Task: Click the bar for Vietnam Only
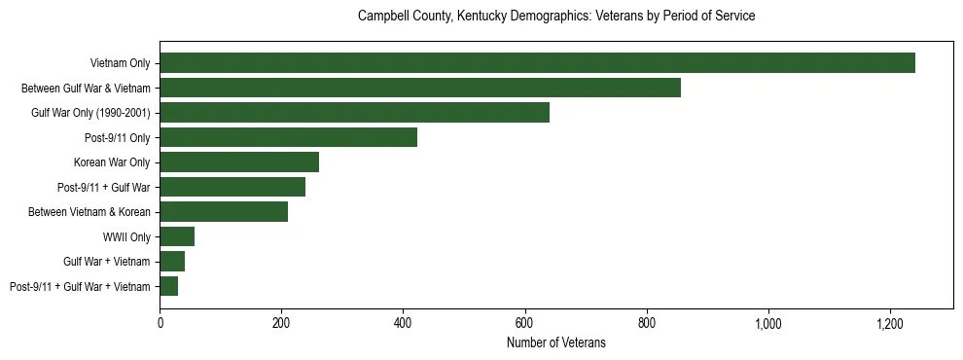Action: (x=537, y=63)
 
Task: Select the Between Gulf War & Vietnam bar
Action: (x=420, y=88)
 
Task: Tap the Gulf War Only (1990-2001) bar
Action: (x=354, y=113)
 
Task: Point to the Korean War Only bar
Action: (x=239, y=162)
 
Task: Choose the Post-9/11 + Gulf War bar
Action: (x=232, y=187)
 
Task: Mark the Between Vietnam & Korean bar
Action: (x=224, y=212)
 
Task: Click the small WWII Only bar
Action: (x=177, y=236)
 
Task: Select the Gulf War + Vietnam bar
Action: (x=172, y=262)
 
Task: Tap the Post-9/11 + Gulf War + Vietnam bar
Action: (x=169, y=286)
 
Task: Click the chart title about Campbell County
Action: (x=556, y=17)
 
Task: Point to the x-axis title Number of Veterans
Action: (x=556, y=342)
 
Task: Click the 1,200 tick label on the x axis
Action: (x=890, y=322)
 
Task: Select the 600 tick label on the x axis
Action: (x=525, y=322)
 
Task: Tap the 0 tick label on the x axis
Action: (x=160, y=322)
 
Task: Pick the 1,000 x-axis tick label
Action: (x=768, y=322)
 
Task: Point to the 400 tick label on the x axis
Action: (x=404, y=322)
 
